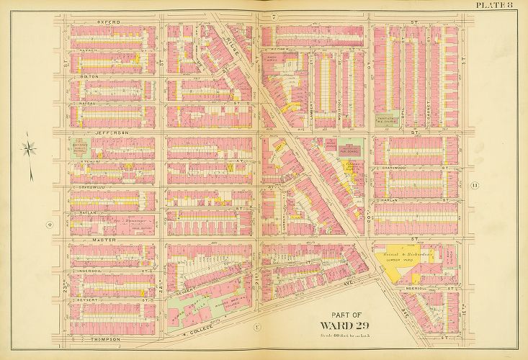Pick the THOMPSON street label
tap(95, 338)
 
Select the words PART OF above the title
tap(344, 313)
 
